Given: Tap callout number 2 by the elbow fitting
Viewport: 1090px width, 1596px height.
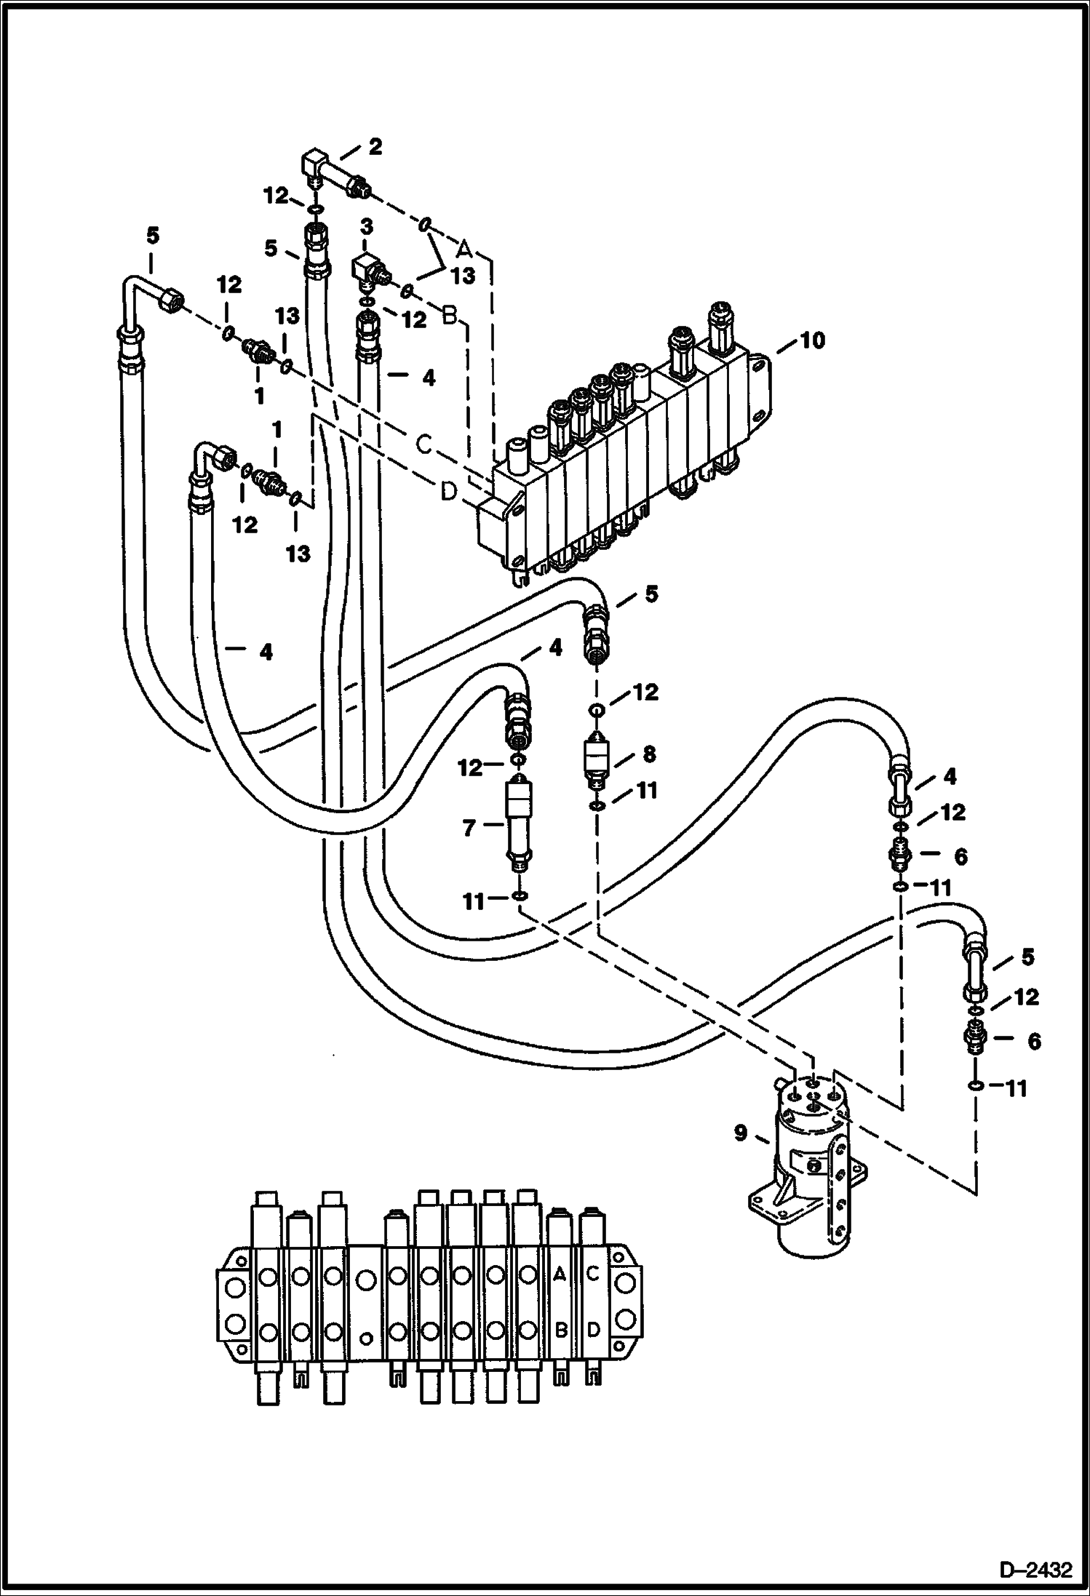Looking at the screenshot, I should (x=374, y=147).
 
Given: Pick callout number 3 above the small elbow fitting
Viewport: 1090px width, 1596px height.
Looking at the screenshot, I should (x=366, y=228).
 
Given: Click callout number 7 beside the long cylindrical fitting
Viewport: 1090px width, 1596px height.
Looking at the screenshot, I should (x=469, y=827).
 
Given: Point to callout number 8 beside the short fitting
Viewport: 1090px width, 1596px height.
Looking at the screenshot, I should (x=648, y=754).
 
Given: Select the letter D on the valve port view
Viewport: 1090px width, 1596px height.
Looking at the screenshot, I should (x=593, y=1330).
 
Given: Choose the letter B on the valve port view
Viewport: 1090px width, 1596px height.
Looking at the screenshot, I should (x=560, y=1330).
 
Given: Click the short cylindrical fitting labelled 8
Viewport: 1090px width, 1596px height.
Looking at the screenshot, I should (x=597, y=761).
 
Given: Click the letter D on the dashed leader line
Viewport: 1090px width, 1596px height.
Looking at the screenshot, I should (x=449, y=492).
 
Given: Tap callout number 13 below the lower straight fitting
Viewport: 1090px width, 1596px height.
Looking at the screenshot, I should (x=297, y=554).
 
